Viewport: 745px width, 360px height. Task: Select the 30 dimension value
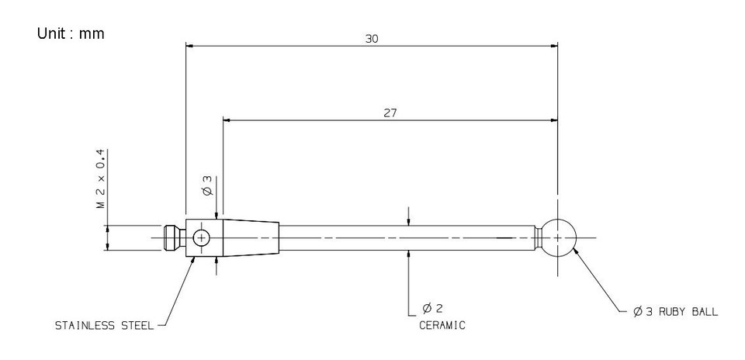coord(372,38)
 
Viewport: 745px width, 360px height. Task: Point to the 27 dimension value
coord(390,113)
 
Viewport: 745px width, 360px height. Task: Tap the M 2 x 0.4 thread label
coord(100,179)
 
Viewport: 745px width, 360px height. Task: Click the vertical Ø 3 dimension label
coord(207,184)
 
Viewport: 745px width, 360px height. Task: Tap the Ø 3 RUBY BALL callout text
coord(675,312)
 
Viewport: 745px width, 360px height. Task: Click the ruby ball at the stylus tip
coord(558,237)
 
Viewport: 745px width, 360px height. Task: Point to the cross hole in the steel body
coord(202,237)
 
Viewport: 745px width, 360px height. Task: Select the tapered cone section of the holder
coord(251,237)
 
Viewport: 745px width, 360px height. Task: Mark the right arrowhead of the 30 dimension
coord(553,45)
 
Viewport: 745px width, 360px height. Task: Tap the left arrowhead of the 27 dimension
coord(228,120)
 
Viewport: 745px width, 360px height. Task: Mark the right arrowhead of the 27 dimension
coord(553,120)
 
